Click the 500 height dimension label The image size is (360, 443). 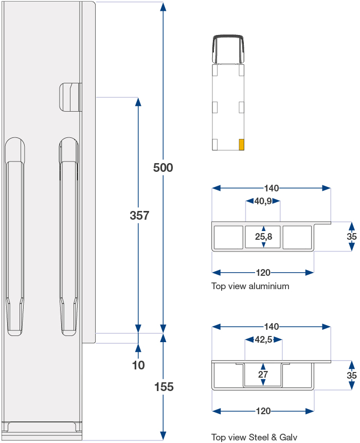click(163, 168)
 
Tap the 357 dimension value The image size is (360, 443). click(139, 216)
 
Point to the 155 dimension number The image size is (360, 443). click(164, 387)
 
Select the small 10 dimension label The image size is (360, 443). click(138, 365)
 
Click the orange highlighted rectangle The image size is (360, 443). click(241, 145)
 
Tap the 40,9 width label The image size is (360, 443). click(263, 201)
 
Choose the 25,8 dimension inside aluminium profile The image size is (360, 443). click(263, 237)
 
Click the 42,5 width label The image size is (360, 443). click(263, 339)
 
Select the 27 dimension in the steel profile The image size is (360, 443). click(263, 375)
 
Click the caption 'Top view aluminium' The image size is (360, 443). click(250, 286)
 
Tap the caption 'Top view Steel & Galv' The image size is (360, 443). click(254, 437)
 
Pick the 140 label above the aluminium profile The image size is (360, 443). click(272, 188)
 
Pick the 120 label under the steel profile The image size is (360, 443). click(263, 411)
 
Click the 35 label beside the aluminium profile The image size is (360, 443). click(352, 237)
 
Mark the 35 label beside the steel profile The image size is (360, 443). click(352, 376)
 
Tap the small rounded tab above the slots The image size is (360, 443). click(70, 97)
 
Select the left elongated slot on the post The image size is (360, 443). click(15, 237)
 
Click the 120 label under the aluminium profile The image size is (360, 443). click(263, 273)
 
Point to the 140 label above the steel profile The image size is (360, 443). click(272, 327)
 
